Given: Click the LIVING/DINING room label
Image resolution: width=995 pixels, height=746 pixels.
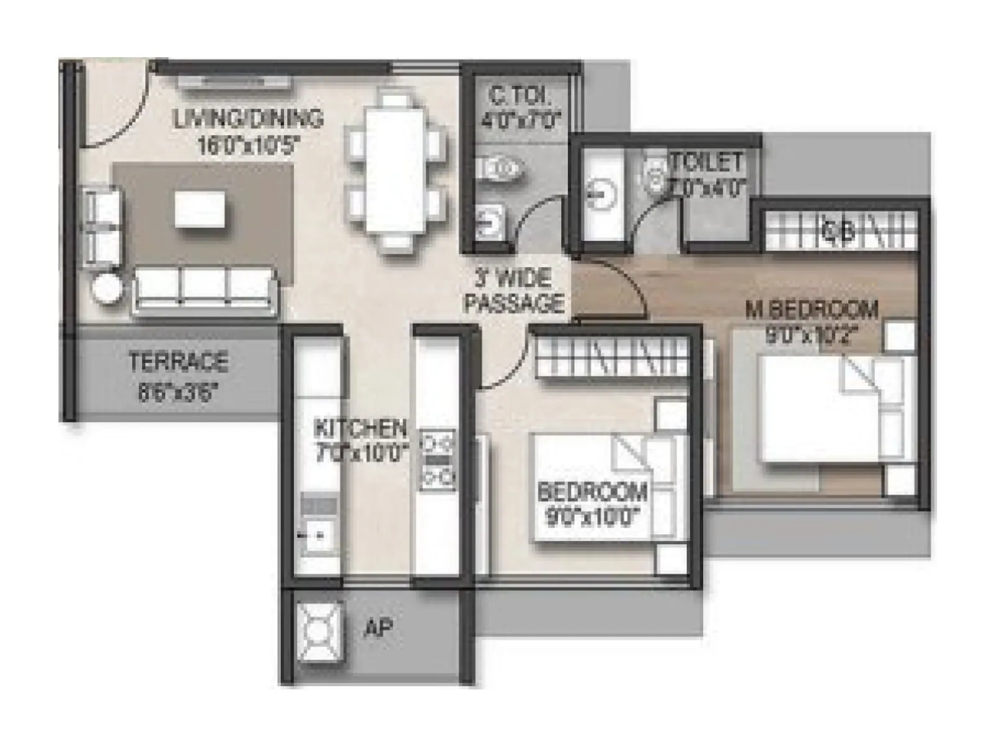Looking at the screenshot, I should (249, 118).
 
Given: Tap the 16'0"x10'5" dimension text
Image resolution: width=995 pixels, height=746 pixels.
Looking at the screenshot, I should (249, 145).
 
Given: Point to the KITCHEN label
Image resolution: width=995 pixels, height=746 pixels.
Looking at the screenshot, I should (360, 428).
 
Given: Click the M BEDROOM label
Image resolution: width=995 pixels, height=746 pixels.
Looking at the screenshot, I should (812, 309).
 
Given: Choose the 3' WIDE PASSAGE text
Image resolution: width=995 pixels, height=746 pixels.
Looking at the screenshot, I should (514, 290).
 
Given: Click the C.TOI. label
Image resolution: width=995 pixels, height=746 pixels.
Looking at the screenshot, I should (519, 96).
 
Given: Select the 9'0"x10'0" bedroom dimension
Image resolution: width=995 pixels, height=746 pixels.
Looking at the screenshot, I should (592, 517).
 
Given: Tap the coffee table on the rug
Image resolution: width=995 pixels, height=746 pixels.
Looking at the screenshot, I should (200, 209).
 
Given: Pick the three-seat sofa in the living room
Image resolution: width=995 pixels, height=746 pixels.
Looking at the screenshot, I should (204, 290).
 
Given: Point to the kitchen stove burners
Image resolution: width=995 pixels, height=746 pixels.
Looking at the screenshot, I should (438, 461).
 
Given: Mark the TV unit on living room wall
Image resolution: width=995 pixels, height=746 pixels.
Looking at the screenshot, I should (233, 81).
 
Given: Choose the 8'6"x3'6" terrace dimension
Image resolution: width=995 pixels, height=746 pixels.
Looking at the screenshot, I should (178, 393).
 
